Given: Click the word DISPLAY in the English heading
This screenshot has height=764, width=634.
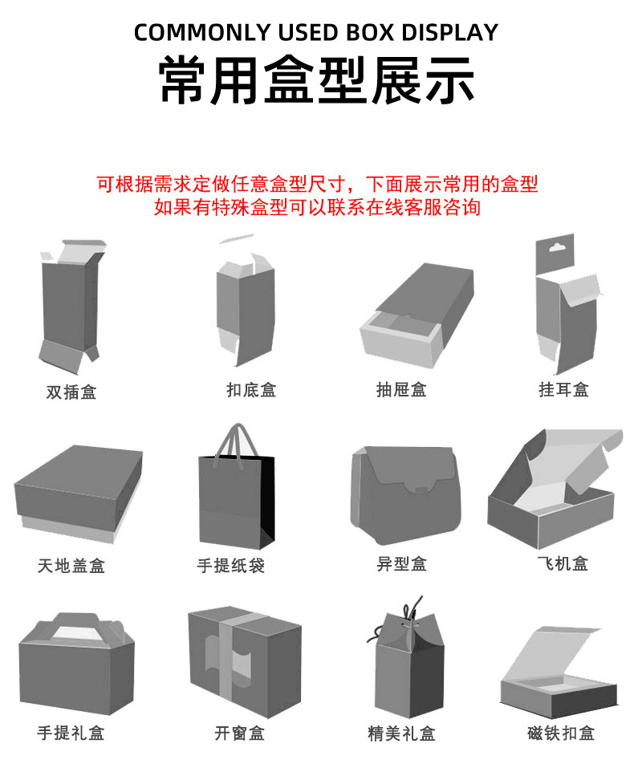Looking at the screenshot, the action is pyautogui.click(x=449, y=33).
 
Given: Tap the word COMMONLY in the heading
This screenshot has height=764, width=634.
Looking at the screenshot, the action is pyautogui.click(x=202, y=33).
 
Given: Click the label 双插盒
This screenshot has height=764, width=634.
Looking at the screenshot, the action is pyautogui.click(x=71, y=392).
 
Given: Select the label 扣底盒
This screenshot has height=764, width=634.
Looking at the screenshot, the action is pyautogui.click(x=251, y=390).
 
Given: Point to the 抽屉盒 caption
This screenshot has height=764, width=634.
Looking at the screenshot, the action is pyautogui.click(x=401, y=390).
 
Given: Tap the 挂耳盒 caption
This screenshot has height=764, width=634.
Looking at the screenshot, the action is pyautogui.click(x=564, y=390).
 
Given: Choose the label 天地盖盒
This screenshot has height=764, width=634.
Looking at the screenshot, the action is pyautogui.click(x=71, y=566).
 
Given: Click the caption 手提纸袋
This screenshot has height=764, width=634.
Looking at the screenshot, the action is pyautogui.click(x=231, y=566).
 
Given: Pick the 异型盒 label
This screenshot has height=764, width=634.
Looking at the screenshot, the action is pyautogui.click(x=401, y=563).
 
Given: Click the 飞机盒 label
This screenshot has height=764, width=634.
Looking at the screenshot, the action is pyautogui.click(x=563, y=563).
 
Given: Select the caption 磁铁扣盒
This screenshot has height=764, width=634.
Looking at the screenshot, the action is pyautogui.click(x=561, y=733).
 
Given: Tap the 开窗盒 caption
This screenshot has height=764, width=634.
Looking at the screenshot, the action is pyautogui.click(x=240, y=733).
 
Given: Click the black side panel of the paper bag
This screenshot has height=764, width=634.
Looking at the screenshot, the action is pyautogui.click(x=267, y=497).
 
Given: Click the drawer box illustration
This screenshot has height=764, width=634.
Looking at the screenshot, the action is pyautogui.click(x=417, y=315).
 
